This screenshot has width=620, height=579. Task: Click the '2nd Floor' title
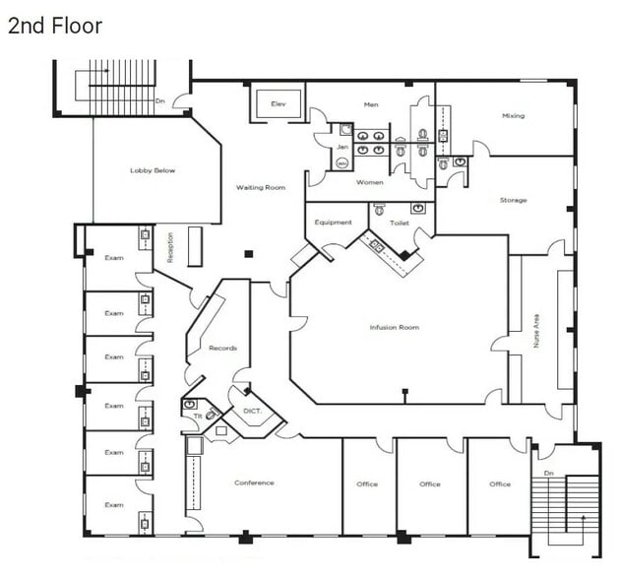[55, 26]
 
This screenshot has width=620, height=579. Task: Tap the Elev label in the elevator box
[279, 103]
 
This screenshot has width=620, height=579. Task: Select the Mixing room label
[513, 115]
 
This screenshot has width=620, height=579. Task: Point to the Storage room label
[513, 200]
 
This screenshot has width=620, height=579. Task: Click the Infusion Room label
[394, 327]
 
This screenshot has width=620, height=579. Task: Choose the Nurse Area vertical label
[536, 332]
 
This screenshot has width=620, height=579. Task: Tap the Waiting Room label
[260, 187]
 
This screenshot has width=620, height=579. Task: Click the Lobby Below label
[153, 170]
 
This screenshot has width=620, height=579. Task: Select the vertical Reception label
[170, 246]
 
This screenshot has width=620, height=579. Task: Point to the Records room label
[222, 348]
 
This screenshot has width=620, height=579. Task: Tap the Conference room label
[254, 482]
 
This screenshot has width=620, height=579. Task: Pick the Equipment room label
[333, 223]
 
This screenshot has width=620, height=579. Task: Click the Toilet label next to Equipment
[399, 223]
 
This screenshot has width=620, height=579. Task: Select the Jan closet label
[341, 147]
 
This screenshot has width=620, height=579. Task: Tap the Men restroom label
[370, 104]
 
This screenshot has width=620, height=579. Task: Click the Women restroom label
[369, 182]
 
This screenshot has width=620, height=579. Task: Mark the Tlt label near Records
[197, 417]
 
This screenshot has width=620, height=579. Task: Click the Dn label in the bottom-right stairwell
[549, 455]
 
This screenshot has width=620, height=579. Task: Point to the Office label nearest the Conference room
[367, 483]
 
